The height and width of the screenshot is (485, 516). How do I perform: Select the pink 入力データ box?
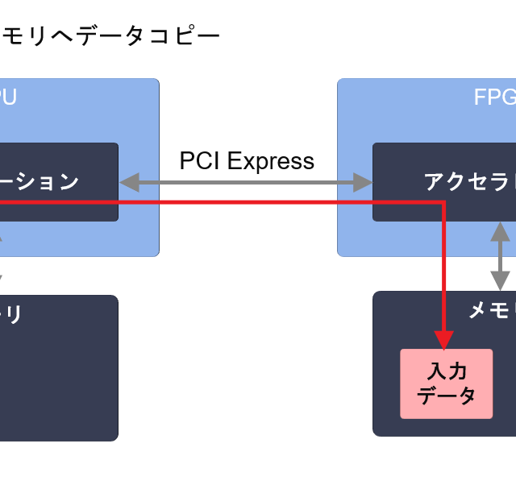point(446,383)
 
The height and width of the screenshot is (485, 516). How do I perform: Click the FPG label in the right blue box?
point(494,97)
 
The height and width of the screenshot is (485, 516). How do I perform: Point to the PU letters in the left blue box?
point(7,97)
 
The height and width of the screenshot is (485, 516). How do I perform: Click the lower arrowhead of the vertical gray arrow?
point(501,281)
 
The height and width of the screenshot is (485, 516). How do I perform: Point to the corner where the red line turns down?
point(444,202)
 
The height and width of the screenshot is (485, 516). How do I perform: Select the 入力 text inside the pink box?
point(447,371)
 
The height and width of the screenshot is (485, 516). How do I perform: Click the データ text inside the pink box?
point(447,396)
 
